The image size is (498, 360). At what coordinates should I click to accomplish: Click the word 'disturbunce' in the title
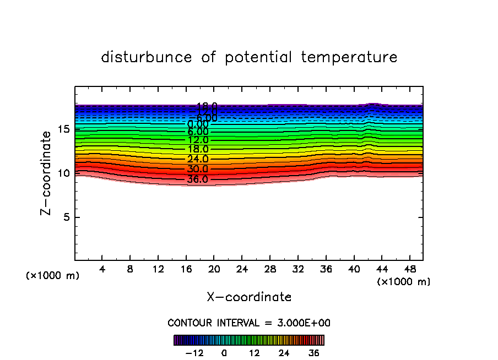pyautogui.click(x=147, y=57)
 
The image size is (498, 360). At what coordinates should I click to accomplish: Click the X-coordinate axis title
pyautogui.click(x=249, y=297)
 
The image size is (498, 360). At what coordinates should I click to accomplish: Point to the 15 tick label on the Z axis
pyautogui.click(x=63, y=129)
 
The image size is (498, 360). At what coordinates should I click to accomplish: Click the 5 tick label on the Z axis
pyautogui.click(x=66, y=217)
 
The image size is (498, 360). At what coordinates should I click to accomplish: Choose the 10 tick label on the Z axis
pyautogui.click(x=63, y=173)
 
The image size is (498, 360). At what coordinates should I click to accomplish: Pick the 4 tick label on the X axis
pyautogui.click(x=102, y=270)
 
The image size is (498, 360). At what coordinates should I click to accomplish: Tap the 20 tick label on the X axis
pyautogui.click(x=214, y=270)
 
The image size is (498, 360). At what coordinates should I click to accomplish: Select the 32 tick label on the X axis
pyautogui.click(x=297, y=270)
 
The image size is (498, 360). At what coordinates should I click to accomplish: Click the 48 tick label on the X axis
pyautogui.click(x=409, y=270)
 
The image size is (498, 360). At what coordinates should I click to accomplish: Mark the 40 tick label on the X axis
pyautogui.click(x=353, y=270)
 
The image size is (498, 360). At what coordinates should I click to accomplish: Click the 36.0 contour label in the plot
pyautogui.click(x=198, y=179)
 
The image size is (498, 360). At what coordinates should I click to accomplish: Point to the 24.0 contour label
pyautogui.click(x=198, y=159)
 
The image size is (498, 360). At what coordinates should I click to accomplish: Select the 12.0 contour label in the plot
pyautogui.click(x=198, y=140)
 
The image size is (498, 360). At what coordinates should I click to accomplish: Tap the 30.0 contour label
pyautogui.click(x=198, y=169)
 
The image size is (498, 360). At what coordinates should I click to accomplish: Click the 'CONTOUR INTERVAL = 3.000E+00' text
pyautogui.click(x=249, y=323)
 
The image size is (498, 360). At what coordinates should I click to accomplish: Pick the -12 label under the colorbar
pyautogui.click(x=194, y=353)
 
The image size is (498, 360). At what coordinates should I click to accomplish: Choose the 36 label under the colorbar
pyautogui.click(x=313, y=353)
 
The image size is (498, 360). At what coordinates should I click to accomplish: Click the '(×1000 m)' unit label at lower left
pyautogui.click(x=53, y=276)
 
